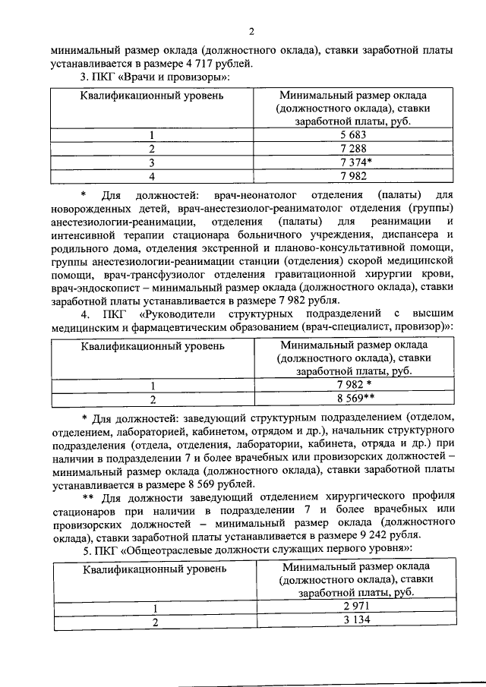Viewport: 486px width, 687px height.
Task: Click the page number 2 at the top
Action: click(251, 31)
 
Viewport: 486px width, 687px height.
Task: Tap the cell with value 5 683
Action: click(352, 135)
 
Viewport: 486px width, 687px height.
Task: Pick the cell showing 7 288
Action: click(352, 149)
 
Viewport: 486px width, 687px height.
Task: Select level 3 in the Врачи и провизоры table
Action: click(152, 162)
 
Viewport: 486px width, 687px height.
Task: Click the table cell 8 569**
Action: click(354, 399)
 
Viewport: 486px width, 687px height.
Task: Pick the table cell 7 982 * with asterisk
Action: click(354, 385)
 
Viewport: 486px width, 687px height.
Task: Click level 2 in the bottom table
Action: click(153, 622)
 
